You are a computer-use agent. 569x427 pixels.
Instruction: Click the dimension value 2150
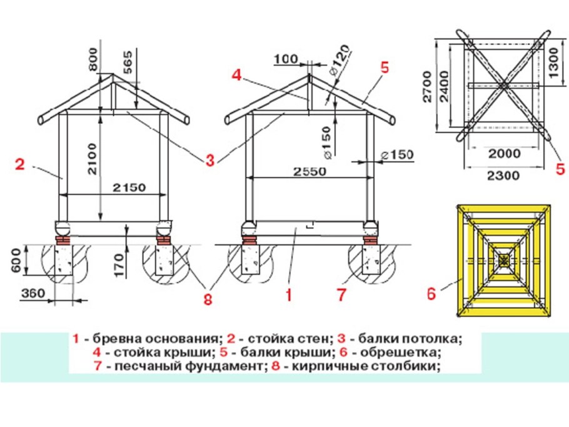pos(129,187)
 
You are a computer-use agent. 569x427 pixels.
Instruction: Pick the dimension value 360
pos(33,292)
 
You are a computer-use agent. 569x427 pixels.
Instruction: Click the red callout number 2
pos(19,164)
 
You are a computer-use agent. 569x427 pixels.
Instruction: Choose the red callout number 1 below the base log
pos(288,294)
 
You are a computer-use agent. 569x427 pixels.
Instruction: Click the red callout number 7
pos(341,294)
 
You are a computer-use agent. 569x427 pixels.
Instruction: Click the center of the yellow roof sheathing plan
pos(503,258)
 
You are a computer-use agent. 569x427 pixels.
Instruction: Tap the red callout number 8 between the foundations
pos(207,299)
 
